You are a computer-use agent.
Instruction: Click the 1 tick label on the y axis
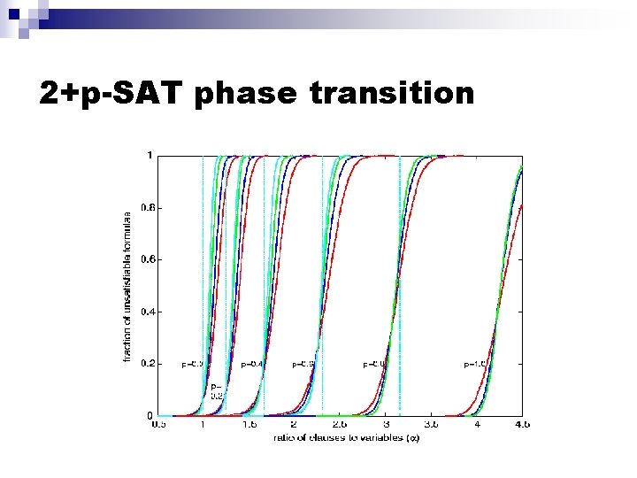coord(150,156)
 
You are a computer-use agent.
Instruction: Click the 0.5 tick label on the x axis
coord(157,426)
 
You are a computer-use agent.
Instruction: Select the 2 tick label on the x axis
coord(294,426)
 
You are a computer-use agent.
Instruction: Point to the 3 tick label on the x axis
coord(386,426)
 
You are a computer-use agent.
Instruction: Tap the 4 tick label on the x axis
coord(477,426)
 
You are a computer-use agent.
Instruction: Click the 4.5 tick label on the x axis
coord(521,426)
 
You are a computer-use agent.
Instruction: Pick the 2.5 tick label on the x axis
coord(340,426)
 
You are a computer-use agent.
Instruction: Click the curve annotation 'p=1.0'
coord(475,364)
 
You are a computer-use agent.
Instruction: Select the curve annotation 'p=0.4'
coord(252,364)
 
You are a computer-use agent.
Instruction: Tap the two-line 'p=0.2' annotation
coord(216,391)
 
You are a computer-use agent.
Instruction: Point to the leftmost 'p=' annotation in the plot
coord(192,363)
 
